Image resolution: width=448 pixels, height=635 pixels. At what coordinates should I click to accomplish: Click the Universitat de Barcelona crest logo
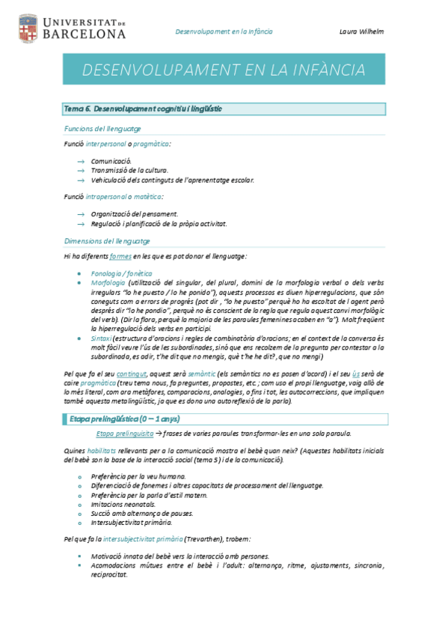27,28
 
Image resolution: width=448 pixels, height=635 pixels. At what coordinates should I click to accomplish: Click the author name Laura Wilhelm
362,31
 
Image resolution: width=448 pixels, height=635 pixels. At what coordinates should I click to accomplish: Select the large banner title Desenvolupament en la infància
224,70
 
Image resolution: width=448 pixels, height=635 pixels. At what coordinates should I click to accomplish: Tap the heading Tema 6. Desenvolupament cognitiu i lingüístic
142,109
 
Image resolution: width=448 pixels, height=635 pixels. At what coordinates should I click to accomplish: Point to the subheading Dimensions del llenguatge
107,241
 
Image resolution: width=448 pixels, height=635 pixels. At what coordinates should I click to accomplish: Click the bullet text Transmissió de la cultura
129,170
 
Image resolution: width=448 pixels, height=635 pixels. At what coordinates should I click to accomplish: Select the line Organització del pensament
134,213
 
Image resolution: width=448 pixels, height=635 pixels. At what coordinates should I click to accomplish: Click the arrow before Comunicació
81,161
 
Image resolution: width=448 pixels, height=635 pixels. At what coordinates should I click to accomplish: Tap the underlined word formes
120,256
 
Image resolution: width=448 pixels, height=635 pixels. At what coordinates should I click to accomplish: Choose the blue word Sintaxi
102,338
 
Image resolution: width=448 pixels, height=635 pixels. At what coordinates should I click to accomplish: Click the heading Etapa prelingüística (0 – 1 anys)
124,418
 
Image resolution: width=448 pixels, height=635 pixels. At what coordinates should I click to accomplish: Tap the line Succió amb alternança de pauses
142,513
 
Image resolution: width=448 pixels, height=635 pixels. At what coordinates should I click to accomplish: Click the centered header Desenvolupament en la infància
224,31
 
